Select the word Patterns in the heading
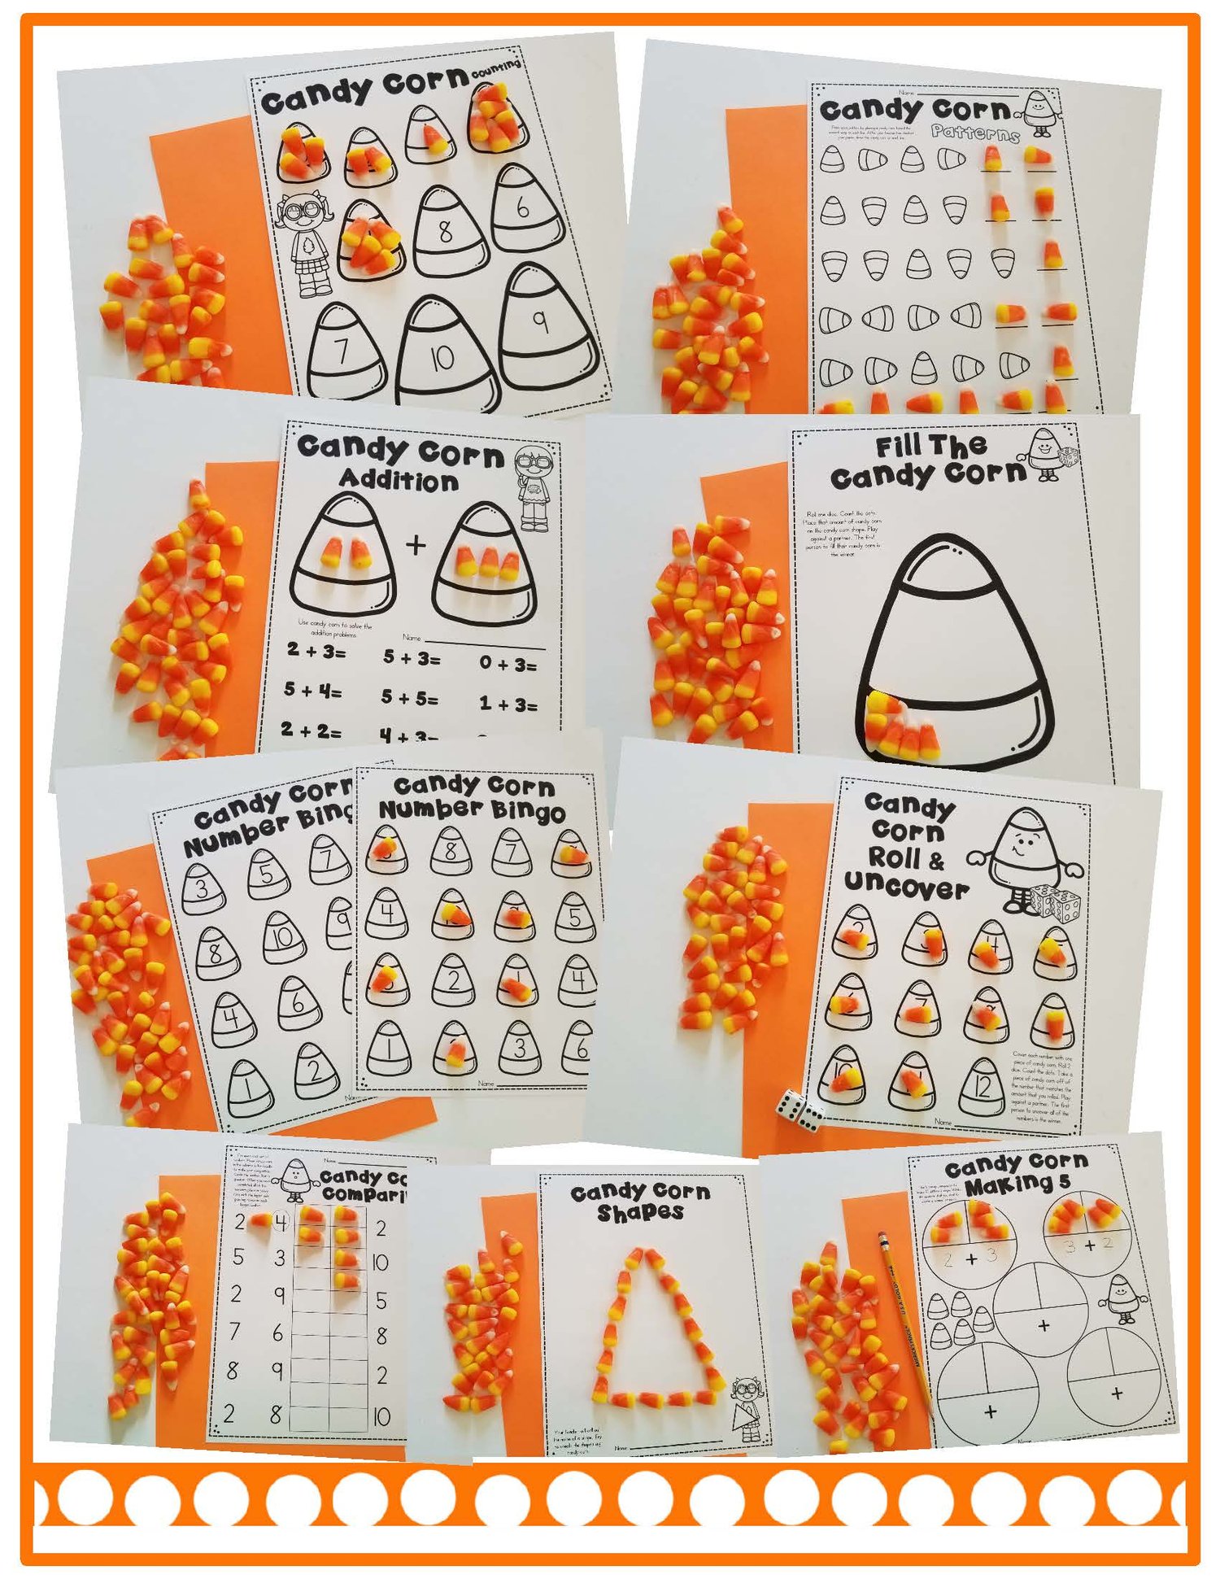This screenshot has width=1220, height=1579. pos(975,133)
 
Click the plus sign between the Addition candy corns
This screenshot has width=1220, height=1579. pos(416,544)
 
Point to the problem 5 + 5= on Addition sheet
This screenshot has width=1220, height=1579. pos(410,697)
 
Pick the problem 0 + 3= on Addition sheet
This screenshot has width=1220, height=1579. pos(508,664)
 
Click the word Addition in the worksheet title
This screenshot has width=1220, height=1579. pos(399,480)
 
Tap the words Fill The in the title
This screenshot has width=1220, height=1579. pos(930,446)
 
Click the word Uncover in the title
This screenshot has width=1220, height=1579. pos(906,886)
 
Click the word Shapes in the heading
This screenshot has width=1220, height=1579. pos(640,1213)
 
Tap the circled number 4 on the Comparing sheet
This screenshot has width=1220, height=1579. pos(281,1222)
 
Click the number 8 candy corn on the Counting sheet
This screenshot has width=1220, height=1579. pos(445,231)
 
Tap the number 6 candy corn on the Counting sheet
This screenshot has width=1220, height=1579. pos(525,207)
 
